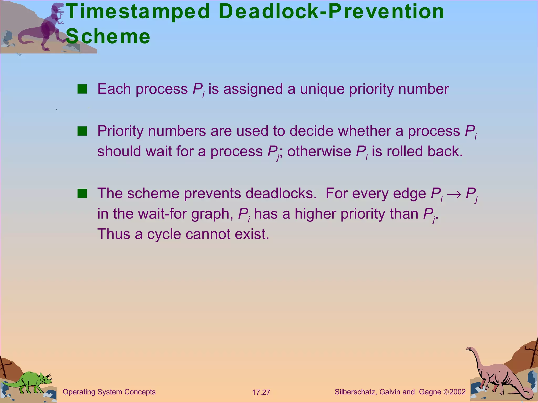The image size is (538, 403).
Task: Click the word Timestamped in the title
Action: click(x=138, y=12)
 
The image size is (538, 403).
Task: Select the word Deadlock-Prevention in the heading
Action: click(x=331, y=12)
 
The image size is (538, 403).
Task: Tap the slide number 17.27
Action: click(x=261, y=393)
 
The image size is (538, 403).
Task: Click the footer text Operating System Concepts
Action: click(x=109, y=392)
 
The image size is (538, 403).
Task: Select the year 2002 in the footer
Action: click(x=457, y=392)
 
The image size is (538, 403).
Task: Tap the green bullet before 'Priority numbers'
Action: click(x=82, y=131)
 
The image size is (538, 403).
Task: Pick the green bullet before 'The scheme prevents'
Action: click(x=82, y=194)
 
